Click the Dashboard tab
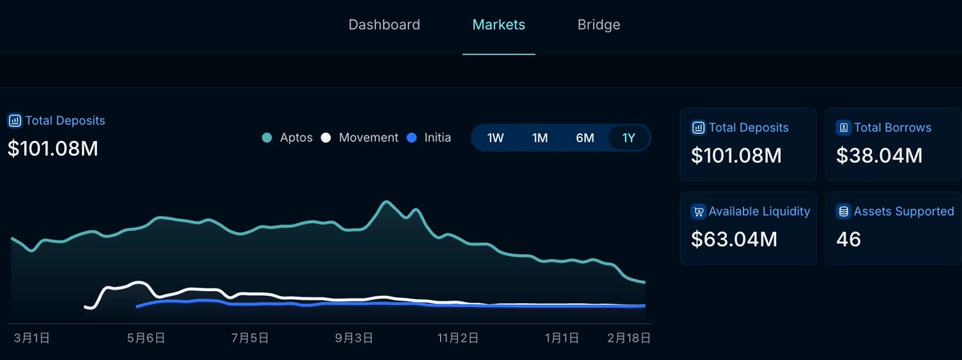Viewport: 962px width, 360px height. click(x=384, y=25)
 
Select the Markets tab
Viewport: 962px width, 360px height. click(x=499, y=25)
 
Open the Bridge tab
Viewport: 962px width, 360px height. click(x=599, y=25)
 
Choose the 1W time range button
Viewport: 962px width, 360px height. click(x=495, y=138)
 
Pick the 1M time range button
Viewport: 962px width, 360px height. click(x=540, y=138)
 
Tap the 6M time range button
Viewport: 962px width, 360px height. click(x=584, y=138)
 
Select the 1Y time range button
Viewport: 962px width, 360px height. click(x=629, y=138)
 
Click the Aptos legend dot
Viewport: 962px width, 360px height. click(x=267, y=138)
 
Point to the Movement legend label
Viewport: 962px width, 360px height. click(x=368, y=138)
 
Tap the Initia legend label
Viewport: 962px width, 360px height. click(x=437, y=138)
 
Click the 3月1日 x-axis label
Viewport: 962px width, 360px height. click(x=32, y=339)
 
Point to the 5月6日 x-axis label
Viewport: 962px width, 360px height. click(x=148, y=339)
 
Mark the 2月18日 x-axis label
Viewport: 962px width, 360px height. click(x=628, y=339)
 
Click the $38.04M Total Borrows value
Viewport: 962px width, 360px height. click(x=879, y=156)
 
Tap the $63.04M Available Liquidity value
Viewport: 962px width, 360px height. click(x=734, y=239)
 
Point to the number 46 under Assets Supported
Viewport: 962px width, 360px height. click(x=848, y=239)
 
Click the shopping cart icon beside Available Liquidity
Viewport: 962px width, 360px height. click(x=697, y=212)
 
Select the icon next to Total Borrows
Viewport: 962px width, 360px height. click(x=843, y=127)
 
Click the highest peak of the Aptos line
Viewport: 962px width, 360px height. click(x=387, y=202)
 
